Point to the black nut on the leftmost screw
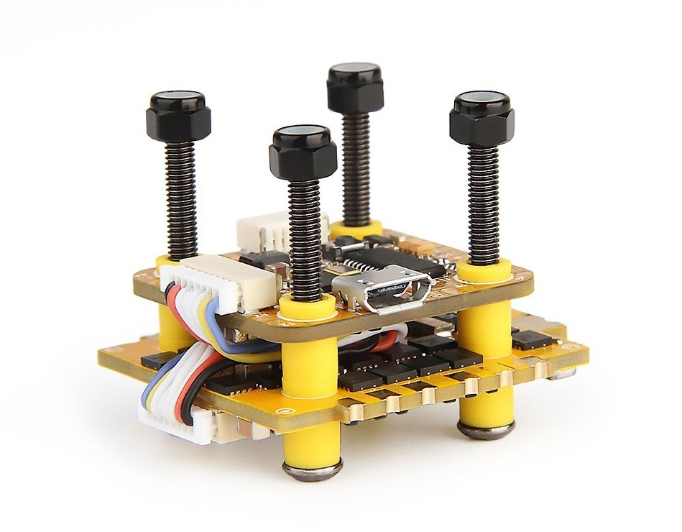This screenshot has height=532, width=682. click(178, 117)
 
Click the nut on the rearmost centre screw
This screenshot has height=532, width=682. click(355, 88)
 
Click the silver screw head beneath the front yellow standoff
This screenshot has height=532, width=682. click(312, 471)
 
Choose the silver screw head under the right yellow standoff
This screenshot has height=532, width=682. click(486, 429)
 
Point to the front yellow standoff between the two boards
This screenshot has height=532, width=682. click(310, 359)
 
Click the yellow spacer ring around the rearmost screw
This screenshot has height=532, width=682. click(356, 229)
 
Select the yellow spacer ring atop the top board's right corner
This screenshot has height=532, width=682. click(484, 270)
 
